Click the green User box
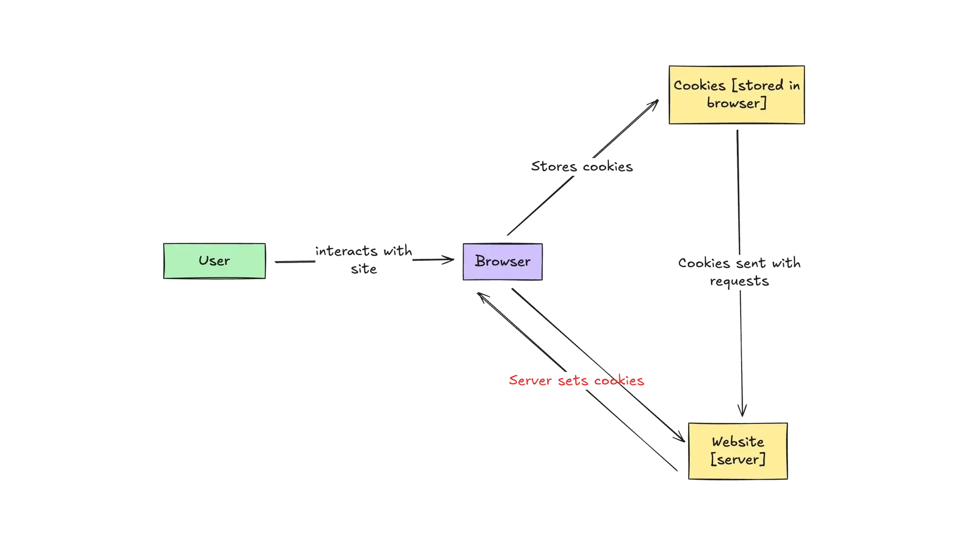(x=215, y=261)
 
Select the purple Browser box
(x=502, y=262)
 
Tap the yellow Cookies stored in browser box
(x=736, y=95)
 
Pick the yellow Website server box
(x=738, y=450)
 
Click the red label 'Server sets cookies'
(x=576, y=381)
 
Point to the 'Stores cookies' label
(x=582, y=167)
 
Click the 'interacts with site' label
(x=363, y=260)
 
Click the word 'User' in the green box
(x=214, y=261)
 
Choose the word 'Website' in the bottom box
(x=738, y=442)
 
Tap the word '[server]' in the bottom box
(x=738, y=459)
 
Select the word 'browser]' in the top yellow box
(x=736, y=103)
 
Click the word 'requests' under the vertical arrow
(x=740, y=282)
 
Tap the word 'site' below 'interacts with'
(x=364, y=270)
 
